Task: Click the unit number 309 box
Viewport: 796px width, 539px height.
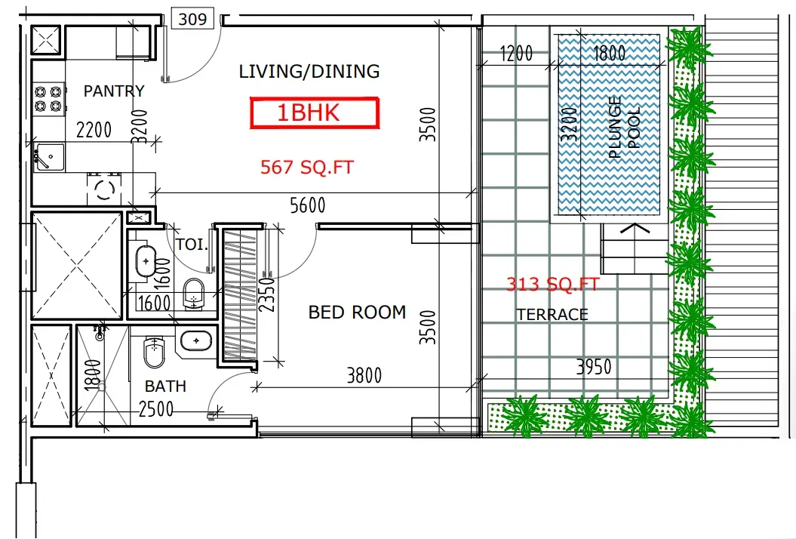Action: [x=193, y=19]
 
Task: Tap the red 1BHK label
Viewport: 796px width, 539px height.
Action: [x=315, y=112]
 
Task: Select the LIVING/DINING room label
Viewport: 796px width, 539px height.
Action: [x=309, y=72]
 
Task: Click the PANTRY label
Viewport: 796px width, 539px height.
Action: [x=114, y=91]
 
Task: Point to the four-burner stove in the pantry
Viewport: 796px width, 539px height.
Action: [x=49, y=99]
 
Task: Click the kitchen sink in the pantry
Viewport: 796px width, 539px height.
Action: [x=49, y=158]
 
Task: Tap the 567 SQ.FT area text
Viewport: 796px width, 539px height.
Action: [x=306, y=167]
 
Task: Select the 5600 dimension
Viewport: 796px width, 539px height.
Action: [x=308, y=205]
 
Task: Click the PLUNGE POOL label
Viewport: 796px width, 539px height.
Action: [x=624, y=128]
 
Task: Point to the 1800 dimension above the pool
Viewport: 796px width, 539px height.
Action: [x=609, y=53]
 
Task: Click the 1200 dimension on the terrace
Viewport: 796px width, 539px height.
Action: [x=516, y=53]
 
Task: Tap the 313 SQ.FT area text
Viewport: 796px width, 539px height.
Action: [x=553, y=284]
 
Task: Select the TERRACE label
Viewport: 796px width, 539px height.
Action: [x=552, y=315]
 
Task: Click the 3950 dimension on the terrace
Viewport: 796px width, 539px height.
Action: [x=594, y=366]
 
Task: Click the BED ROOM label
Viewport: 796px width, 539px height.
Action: [x=358, y=312]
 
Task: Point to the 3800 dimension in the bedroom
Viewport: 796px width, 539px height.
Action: [x=364, y=375]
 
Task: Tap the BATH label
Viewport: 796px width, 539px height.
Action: [x=165, y=386]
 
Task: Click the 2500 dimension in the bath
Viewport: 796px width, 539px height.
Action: [x=156, y=409]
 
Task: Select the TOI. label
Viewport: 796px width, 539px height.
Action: [x=192, y=245]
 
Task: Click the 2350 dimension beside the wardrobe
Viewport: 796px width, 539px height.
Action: [x=267, y=294]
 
